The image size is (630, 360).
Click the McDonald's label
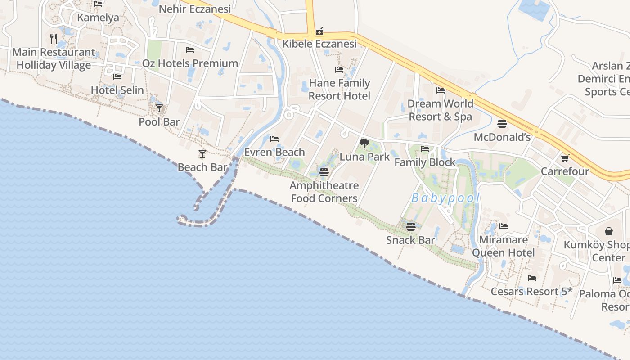(502, 137)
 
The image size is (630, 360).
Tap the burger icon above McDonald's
(502, 123)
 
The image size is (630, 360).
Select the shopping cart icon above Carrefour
(565, 158)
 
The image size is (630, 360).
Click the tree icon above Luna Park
(364, 144)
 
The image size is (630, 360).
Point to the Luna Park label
(364, 157)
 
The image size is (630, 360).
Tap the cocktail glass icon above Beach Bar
(202, 154)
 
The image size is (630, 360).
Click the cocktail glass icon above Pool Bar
(159, 108)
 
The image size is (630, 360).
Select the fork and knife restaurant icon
(54, 39)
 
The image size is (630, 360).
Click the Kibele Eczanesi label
(319, 44)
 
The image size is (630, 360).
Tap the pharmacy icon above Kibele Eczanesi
(319, 31)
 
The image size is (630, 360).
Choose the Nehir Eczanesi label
(195, 9)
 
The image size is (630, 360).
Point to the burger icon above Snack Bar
(410, 226)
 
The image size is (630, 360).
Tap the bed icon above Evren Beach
(274, 139)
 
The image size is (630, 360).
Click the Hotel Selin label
(117, 90)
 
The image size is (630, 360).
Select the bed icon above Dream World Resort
(441, 90)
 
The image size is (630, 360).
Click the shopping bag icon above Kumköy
(609, 231)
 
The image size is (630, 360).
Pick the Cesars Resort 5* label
(531, 291)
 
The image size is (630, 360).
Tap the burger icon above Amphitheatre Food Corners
(324, 172)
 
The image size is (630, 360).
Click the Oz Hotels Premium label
(190, 63)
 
